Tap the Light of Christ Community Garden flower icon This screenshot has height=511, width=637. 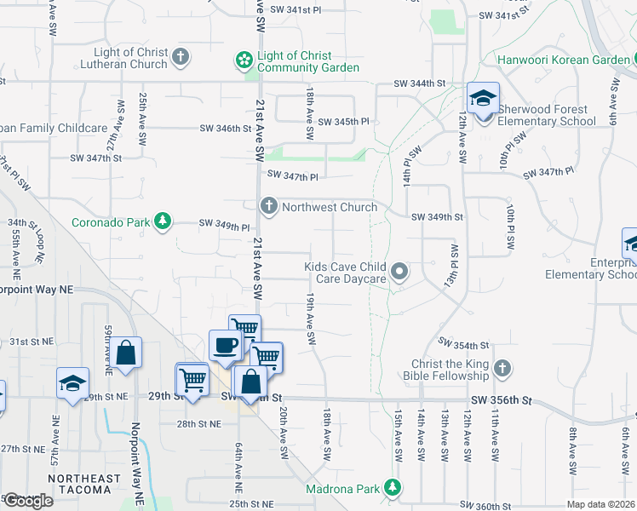coord(244,60)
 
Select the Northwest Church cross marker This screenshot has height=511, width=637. coord(269,206)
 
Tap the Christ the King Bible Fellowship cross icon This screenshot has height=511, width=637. coord(502,369)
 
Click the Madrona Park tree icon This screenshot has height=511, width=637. coord(392,488)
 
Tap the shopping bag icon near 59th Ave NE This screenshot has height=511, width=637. coord(125,353)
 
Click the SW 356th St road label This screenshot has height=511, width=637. coord(502,399)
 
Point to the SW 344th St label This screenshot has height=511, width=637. coord(420,83)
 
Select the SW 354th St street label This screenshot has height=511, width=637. coord(464,344)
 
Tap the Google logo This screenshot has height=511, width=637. coord(27,501)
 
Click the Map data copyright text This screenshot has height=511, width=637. coord(600,504)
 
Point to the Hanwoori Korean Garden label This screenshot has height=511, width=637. coord(559,60)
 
